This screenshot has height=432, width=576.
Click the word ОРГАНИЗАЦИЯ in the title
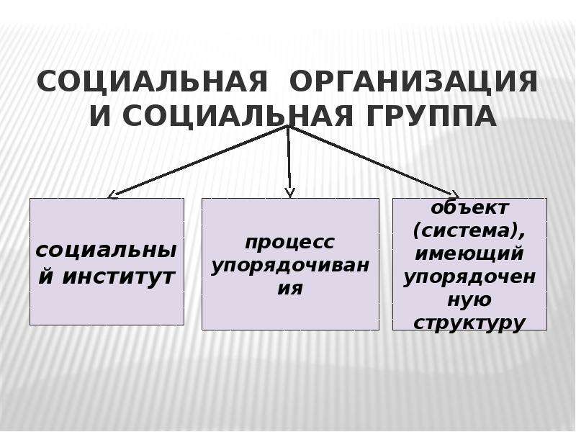(x=413, y=81)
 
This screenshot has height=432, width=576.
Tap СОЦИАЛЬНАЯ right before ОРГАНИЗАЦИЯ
(x=153, y=81)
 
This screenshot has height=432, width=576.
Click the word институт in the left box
(x=117, y=276)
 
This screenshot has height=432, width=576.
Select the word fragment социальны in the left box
(x=106, y=251)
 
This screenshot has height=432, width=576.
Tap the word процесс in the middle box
(x=290, y=242)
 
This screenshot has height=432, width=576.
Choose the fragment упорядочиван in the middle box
(x=290, y=266)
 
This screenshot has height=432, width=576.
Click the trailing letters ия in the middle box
(x=290, y=289)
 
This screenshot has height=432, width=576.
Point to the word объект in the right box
(x=469, y=208)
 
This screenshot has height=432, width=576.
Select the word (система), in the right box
(x=469, y=231)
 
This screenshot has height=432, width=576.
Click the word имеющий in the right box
(x=469, y=254)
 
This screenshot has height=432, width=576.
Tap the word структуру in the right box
(x=469, y=323)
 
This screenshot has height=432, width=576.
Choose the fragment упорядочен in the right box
(x=469, y=277)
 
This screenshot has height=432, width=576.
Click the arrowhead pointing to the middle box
(x=290, y=193)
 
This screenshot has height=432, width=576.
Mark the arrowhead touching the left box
(x=112, y=194)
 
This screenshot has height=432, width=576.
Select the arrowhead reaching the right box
(x=455, y=194)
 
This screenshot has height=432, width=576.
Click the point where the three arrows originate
(x=289, y=126)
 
